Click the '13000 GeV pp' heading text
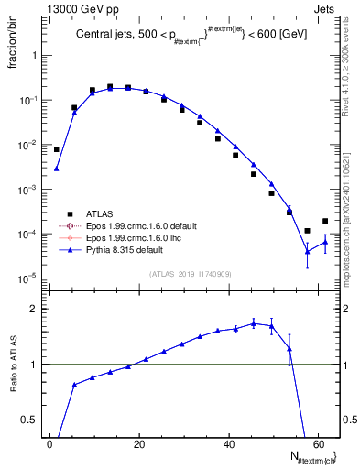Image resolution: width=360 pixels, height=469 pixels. pyautogui.click(x=77, y=8)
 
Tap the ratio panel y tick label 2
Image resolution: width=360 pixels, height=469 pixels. pyautogui.click(x=36, y=310)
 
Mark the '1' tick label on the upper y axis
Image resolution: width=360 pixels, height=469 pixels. pyautogui.click(x=36, y=55)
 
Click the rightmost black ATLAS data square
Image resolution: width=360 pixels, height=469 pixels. pyautogui.click(x=325, y=221)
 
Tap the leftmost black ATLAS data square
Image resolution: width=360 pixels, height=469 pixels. pyautogui.click(x=57, y=149)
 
